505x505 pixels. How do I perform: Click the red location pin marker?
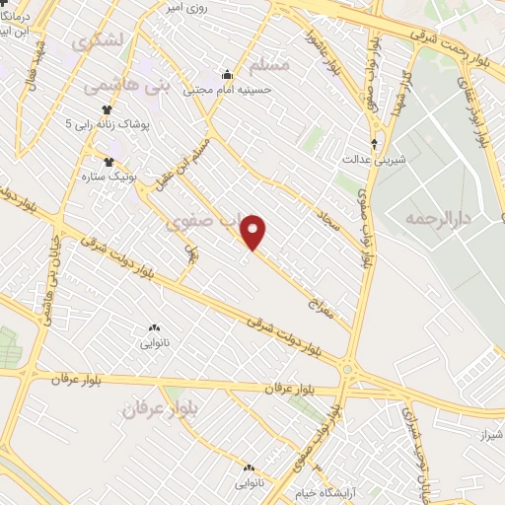(x=254, y=232)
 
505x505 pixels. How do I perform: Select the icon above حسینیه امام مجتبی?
(x=228, y=72)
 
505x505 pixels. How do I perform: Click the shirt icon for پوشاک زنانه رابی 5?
(x=107, y=110)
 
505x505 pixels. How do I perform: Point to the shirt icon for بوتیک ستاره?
(x=109, y=162)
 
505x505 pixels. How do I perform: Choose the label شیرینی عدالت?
(x=370, y=157)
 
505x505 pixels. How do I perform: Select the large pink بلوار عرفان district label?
(x=161, y=407)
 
